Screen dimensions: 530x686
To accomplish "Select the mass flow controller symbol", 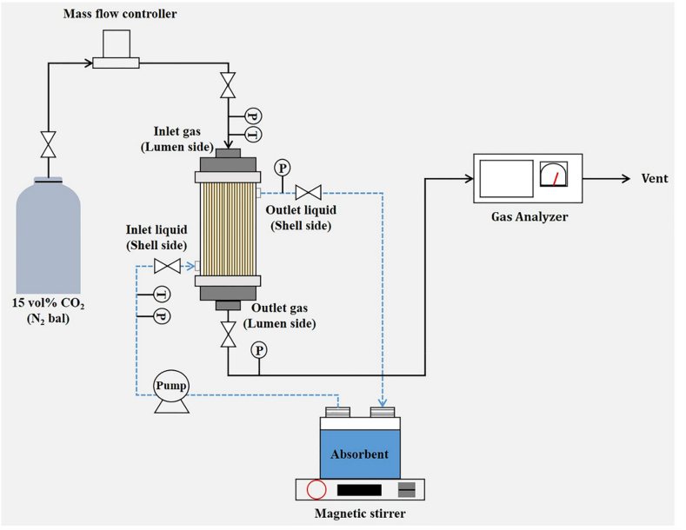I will (x=117, y=50).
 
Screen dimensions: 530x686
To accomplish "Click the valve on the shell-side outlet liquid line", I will (x=308, y=192).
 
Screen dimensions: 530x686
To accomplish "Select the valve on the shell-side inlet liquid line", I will (x=166, y=266).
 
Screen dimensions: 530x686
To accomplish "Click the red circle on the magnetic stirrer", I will (x=316, y=490).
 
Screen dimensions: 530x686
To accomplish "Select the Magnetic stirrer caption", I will (x=360, y=513).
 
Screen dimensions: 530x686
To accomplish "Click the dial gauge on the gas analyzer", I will (x=553, y=176).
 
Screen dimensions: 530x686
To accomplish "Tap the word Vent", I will (x=655, y=179).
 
